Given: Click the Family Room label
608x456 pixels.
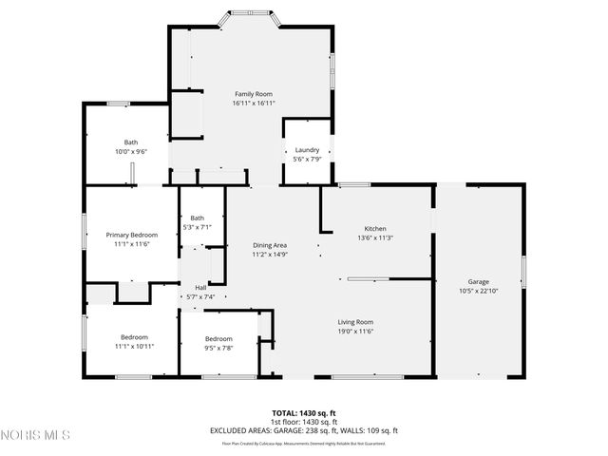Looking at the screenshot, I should [x=254, y=94].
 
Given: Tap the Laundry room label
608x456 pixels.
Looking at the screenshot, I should [x=307, y=150].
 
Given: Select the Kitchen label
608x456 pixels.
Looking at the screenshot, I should [x=375, y=228].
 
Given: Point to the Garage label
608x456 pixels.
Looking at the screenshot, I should [x=478, y=282].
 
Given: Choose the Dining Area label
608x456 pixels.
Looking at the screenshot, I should [x=270, y=245].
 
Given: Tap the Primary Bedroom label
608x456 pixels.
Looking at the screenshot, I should [x=131, y=235].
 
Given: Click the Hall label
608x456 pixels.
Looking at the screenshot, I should [x=200, y=287].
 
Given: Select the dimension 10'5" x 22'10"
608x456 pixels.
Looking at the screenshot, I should [x=478, y=292].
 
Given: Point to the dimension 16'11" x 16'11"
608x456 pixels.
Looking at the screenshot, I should [x=254, y=104].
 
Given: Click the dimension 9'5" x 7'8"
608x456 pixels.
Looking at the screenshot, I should [x=218, y=348].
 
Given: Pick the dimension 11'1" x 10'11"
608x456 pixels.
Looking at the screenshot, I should [x=134, y=347].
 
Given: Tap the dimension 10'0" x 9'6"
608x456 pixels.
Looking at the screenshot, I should [x=130, y=151].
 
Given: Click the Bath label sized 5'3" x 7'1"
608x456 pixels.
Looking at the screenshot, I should [x=198, y=218].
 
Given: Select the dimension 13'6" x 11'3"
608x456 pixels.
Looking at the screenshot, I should [x=375, y=237].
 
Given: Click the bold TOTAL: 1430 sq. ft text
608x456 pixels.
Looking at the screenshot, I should [x=303, y=412].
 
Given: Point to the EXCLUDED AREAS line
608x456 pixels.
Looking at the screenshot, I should [x=303, y=430].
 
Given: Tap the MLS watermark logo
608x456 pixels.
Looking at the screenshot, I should [x=35, y=435].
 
